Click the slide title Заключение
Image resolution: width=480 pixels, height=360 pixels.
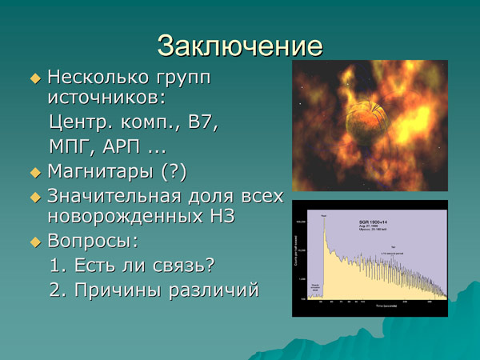[240, 45]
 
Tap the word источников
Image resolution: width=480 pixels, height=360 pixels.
[103, 98]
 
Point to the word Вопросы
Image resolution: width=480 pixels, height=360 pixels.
[91, 241]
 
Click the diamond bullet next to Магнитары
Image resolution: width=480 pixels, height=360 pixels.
[34, 173]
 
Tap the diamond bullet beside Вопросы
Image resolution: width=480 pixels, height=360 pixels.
[34, 242]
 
